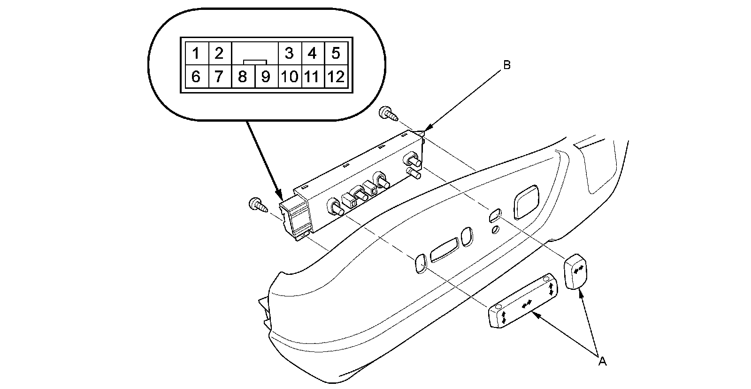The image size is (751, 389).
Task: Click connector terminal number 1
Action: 196,53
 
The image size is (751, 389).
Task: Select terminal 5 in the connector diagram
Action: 335,53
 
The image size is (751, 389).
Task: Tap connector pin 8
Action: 243,76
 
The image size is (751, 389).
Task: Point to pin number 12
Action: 336,76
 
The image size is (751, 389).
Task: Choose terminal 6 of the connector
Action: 196,76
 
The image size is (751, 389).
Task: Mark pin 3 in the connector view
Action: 289,53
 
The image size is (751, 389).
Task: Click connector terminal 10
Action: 290,76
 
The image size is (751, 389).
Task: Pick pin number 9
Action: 266,76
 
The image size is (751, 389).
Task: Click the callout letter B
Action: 506,65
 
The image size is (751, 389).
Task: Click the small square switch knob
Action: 576,271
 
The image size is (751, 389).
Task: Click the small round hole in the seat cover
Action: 495,230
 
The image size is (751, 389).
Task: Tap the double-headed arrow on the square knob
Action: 579,268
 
